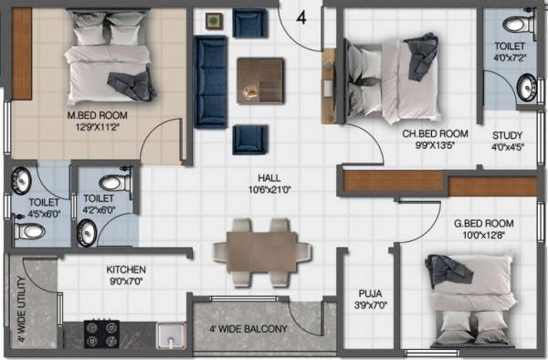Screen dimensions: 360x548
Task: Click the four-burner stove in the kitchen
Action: point(101,334)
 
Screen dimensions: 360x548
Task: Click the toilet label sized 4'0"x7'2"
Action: point(510,50)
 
